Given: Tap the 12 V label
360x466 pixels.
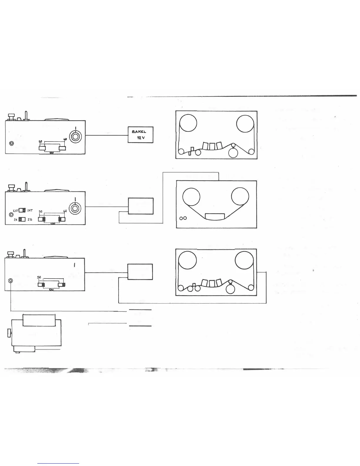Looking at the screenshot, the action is click(x=141, y=138).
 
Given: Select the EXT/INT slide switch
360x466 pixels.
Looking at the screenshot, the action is click(x=22, y=210).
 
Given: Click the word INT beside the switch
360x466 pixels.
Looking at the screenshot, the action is click(x=30, y=211).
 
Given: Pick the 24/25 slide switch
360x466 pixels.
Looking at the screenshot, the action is click(x=22, y=219).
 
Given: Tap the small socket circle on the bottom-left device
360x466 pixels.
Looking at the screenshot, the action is click(x=11, y=281).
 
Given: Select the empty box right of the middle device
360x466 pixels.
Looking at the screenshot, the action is click(x=141, y=206).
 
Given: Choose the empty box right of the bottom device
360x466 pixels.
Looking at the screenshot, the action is click(x=140, y=272).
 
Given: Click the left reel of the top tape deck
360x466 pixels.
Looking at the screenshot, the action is click(x=188, y=124).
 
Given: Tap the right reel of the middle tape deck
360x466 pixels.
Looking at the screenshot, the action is click(x=240, y=197).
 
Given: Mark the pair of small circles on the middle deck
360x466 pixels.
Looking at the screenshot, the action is click(x=183, y=218).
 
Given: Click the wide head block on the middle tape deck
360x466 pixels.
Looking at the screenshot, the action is click(x=215, y=217).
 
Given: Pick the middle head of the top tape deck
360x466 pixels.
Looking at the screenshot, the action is click(x=212, y=146).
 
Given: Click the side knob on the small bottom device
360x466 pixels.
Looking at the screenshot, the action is click(x=9, y=333).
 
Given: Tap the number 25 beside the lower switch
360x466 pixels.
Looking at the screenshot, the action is click(x=30, y=219).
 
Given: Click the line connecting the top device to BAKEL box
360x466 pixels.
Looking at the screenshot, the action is click(x=106, y=135).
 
